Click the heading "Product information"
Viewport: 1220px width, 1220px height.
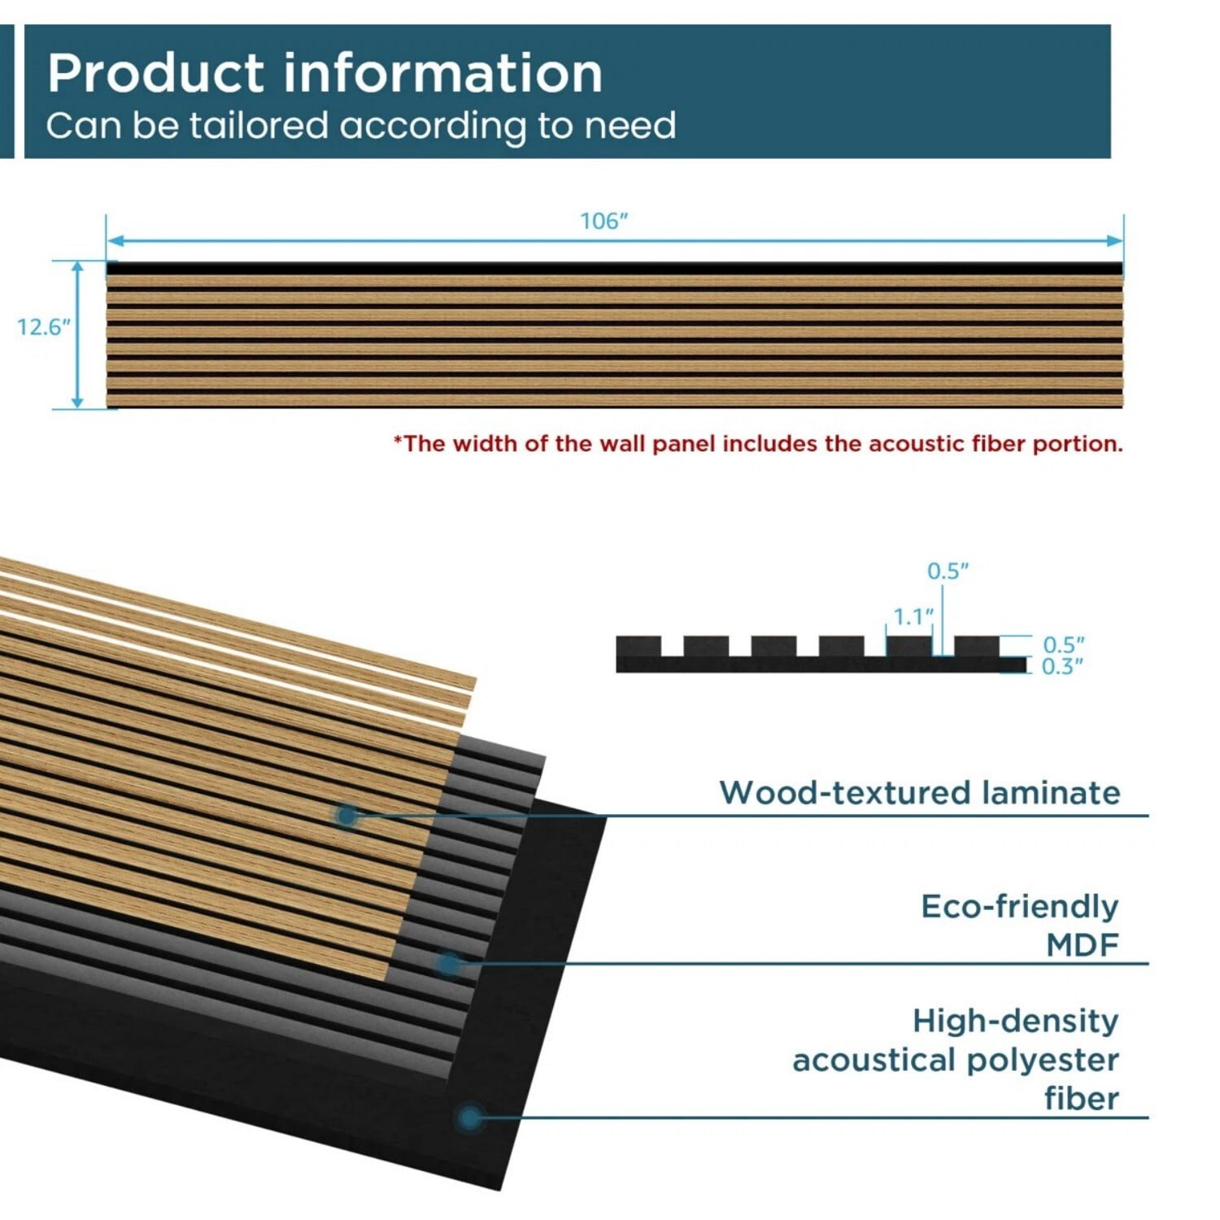(325, 73)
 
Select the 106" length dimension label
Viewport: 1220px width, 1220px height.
(604, 221)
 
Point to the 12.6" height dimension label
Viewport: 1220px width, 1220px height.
(44, 327)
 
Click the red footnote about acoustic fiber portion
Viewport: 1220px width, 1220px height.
(758, 443)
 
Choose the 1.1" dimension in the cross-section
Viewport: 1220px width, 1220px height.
(913, 617)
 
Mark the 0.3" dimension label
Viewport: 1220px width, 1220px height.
(1063, 667)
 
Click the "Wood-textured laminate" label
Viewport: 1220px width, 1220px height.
(920, 792)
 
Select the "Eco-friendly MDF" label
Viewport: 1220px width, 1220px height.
(1020, 926)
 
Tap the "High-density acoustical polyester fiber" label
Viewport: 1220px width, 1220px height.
(956, 1060)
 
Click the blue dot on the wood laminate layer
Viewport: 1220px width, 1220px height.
(347, 815)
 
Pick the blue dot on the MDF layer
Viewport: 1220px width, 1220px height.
(448, 965)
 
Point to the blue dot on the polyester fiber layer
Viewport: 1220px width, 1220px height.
(469, 1118)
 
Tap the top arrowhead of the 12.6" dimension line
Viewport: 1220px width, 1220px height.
(78, 267)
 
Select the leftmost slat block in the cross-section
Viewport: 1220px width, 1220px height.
(638, 646)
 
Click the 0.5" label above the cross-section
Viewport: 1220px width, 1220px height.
(948, 572)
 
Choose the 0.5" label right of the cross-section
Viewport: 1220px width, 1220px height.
(1064, 645)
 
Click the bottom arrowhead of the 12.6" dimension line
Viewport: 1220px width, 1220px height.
(78, 402)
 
